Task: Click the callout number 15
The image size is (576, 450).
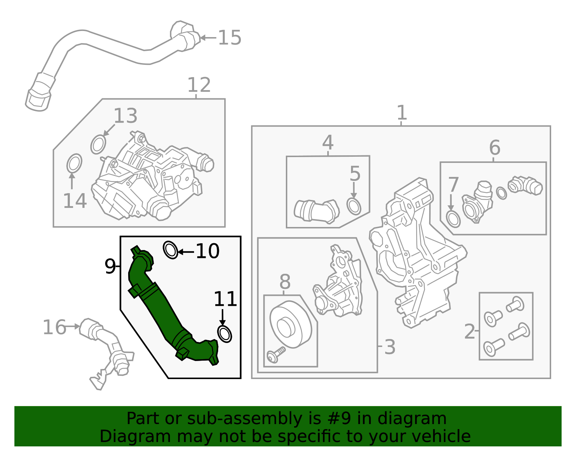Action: pyautogui.click(x=230, y=37)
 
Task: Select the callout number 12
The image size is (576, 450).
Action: pyautogui.click(x=199, y=85)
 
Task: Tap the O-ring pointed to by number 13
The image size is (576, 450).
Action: pyautogui.click(x=98, y=144)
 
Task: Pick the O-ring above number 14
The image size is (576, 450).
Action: pyautogui.click(x=74, y=163)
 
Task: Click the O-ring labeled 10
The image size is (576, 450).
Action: pyautogui.click(x=170, y=250)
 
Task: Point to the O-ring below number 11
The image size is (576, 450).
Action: pyautogui.click(x=225, y=334)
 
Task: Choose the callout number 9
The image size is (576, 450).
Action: pyautogui.click(x=110, y=266)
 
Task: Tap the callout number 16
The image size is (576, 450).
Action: pyautogui.click(x=54, y=327)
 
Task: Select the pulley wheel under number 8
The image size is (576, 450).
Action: pyautogui.click(x=291, y=324)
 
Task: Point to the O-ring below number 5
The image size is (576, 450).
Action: pyautogui.click(x=354, y=206)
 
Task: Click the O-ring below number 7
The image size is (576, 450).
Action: pyautogui.click(x=453, y=219)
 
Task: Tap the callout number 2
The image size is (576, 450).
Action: pyautogui.click(x=469, y=331)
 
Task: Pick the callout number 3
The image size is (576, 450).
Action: pyautogui.click(x=390, y=347)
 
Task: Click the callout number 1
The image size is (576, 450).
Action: pyautogui.click(x=402, y=112)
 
